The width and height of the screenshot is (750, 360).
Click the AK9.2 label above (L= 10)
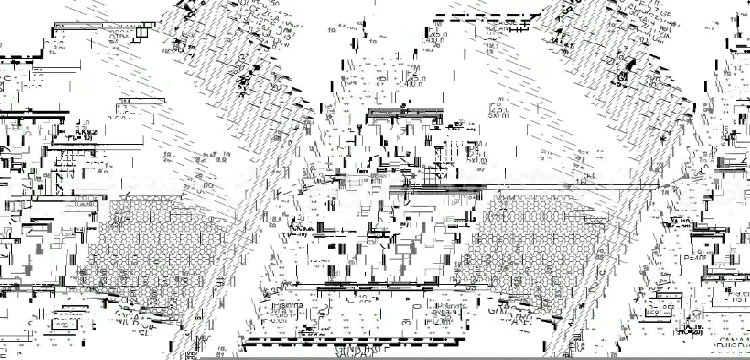pyautogui.click(x=86, y=132)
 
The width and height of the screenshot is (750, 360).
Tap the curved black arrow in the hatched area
pyautogui.click(x=632, y=64)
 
